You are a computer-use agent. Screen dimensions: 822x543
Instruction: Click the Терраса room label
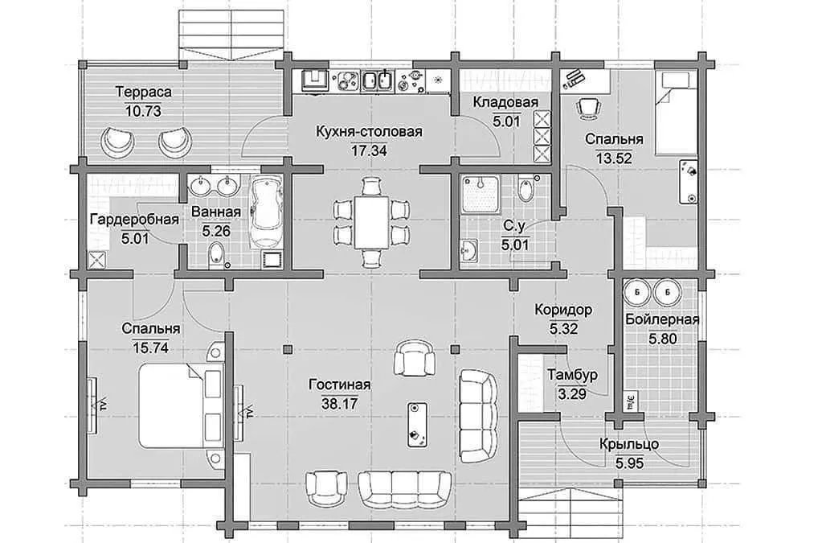[144, 93]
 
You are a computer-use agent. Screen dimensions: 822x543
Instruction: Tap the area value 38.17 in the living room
[339, 404]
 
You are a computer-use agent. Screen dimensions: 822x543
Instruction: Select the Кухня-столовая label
[369, 131]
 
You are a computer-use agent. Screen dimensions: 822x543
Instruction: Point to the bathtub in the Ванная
[266, 213]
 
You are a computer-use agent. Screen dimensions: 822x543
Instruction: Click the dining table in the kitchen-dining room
[371, 223]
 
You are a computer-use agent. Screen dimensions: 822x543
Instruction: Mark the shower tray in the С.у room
[481, 195]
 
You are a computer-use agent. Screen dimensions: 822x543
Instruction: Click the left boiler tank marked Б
[637, 292]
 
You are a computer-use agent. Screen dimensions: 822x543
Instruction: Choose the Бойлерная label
[662, 319]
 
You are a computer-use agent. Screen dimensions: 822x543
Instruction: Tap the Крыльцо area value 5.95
[629, 463]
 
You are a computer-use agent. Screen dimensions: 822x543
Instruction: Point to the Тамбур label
[572, 375]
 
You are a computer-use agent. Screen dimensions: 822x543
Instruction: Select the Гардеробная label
[134, 220]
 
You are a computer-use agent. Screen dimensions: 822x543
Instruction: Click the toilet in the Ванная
[215, 254]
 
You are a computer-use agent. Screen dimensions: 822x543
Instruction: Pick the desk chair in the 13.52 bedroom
[588, 106]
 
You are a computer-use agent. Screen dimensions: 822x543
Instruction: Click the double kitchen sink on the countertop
[378, 80]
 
